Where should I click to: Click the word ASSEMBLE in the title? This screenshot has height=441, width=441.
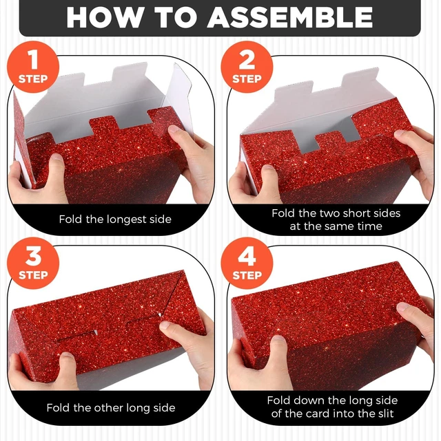click(x=290, y=17)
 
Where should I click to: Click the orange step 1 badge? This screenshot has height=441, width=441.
click(x=33, y=67)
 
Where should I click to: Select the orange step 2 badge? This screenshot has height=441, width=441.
click(x=247, y=67)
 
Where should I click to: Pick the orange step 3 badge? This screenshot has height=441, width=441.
click(x=33, y=263)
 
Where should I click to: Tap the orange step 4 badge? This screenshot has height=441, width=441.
click(x=247, y=263)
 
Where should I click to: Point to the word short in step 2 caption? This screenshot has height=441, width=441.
click(x=355, y=213)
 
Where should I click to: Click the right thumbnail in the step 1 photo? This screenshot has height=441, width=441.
click(x=175, y=130)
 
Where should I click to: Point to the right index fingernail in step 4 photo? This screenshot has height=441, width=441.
click(x=403, y=307)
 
